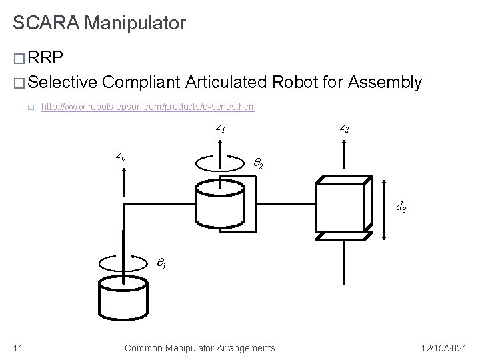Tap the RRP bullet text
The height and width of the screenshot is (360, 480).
click(47, 59)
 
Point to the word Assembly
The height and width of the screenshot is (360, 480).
click(385, 82)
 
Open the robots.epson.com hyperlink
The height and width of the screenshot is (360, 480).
click(147, 107)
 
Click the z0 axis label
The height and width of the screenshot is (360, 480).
click(121, 156)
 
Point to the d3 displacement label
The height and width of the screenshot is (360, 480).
click(401, 207)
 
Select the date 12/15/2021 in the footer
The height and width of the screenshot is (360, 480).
click(446, 347)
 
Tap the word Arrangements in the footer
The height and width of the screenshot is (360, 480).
click(247, 347)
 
